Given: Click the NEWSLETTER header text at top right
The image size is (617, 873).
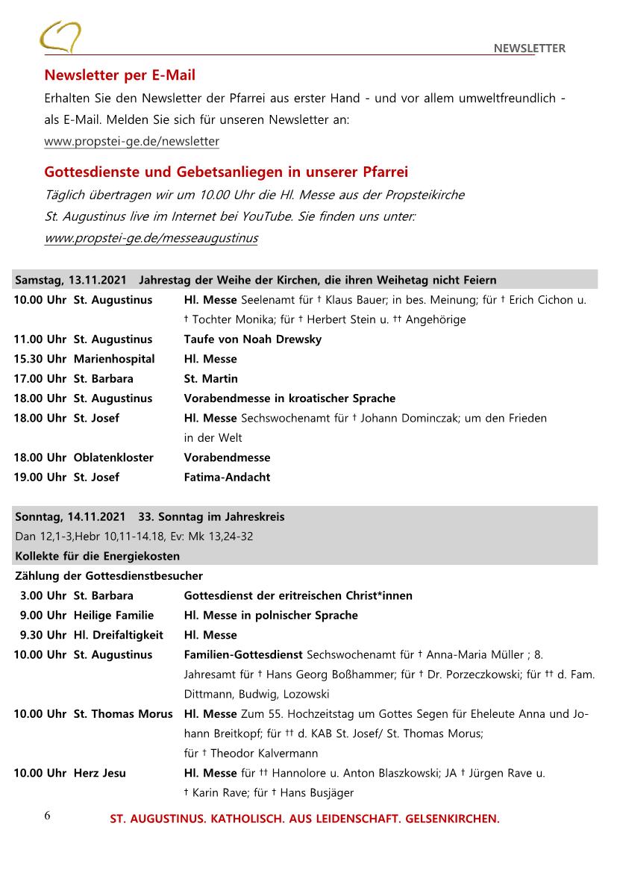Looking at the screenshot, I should (529, 48).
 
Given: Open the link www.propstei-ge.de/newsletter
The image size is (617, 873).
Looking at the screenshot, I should (131, 141).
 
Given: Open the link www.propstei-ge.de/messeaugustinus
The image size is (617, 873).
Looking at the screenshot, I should (151, 238).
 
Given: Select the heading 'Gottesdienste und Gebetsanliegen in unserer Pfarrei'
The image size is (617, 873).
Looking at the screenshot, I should (226, 172).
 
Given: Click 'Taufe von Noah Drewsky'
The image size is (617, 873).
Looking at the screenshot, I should (252, 339).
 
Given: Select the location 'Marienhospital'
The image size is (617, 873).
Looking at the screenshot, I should (114, 359).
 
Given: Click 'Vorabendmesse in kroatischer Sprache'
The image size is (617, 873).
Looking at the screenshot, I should (289, 398).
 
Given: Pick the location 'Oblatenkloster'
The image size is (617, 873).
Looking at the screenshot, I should (113, 457).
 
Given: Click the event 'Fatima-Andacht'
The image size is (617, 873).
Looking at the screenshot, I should (227, 477).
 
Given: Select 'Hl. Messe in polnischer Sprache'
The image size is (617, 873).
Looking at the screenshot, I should (271, 616).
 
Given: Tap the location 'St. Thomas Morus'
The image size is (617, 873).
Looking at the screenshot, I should (123, 714).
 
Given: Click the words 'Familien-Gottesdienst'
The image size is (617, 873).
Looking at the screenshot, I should (242, 655).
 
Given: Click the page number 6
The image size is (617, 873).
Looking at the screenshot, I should (47, 816).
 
